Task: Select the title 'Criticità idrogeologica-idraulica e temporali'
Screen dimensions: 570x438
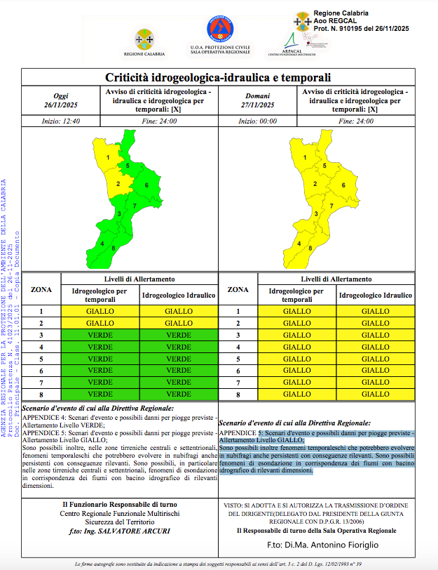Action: (218, 77)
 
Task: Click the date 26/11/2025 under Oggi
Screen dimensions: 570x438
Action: (62, 105)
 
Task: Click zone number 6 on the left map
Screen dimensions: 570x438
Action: (146, 185)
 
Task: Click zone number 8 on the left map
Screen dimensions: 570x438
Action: (113, 248)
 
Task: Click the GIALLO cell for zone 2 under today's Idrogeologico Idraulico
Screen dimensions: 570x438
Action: (179, 323)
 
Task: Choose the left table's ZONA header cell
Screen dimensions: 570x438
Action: (41, 289)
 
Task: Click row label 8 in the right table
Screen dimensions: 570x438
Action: (238, 395)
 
